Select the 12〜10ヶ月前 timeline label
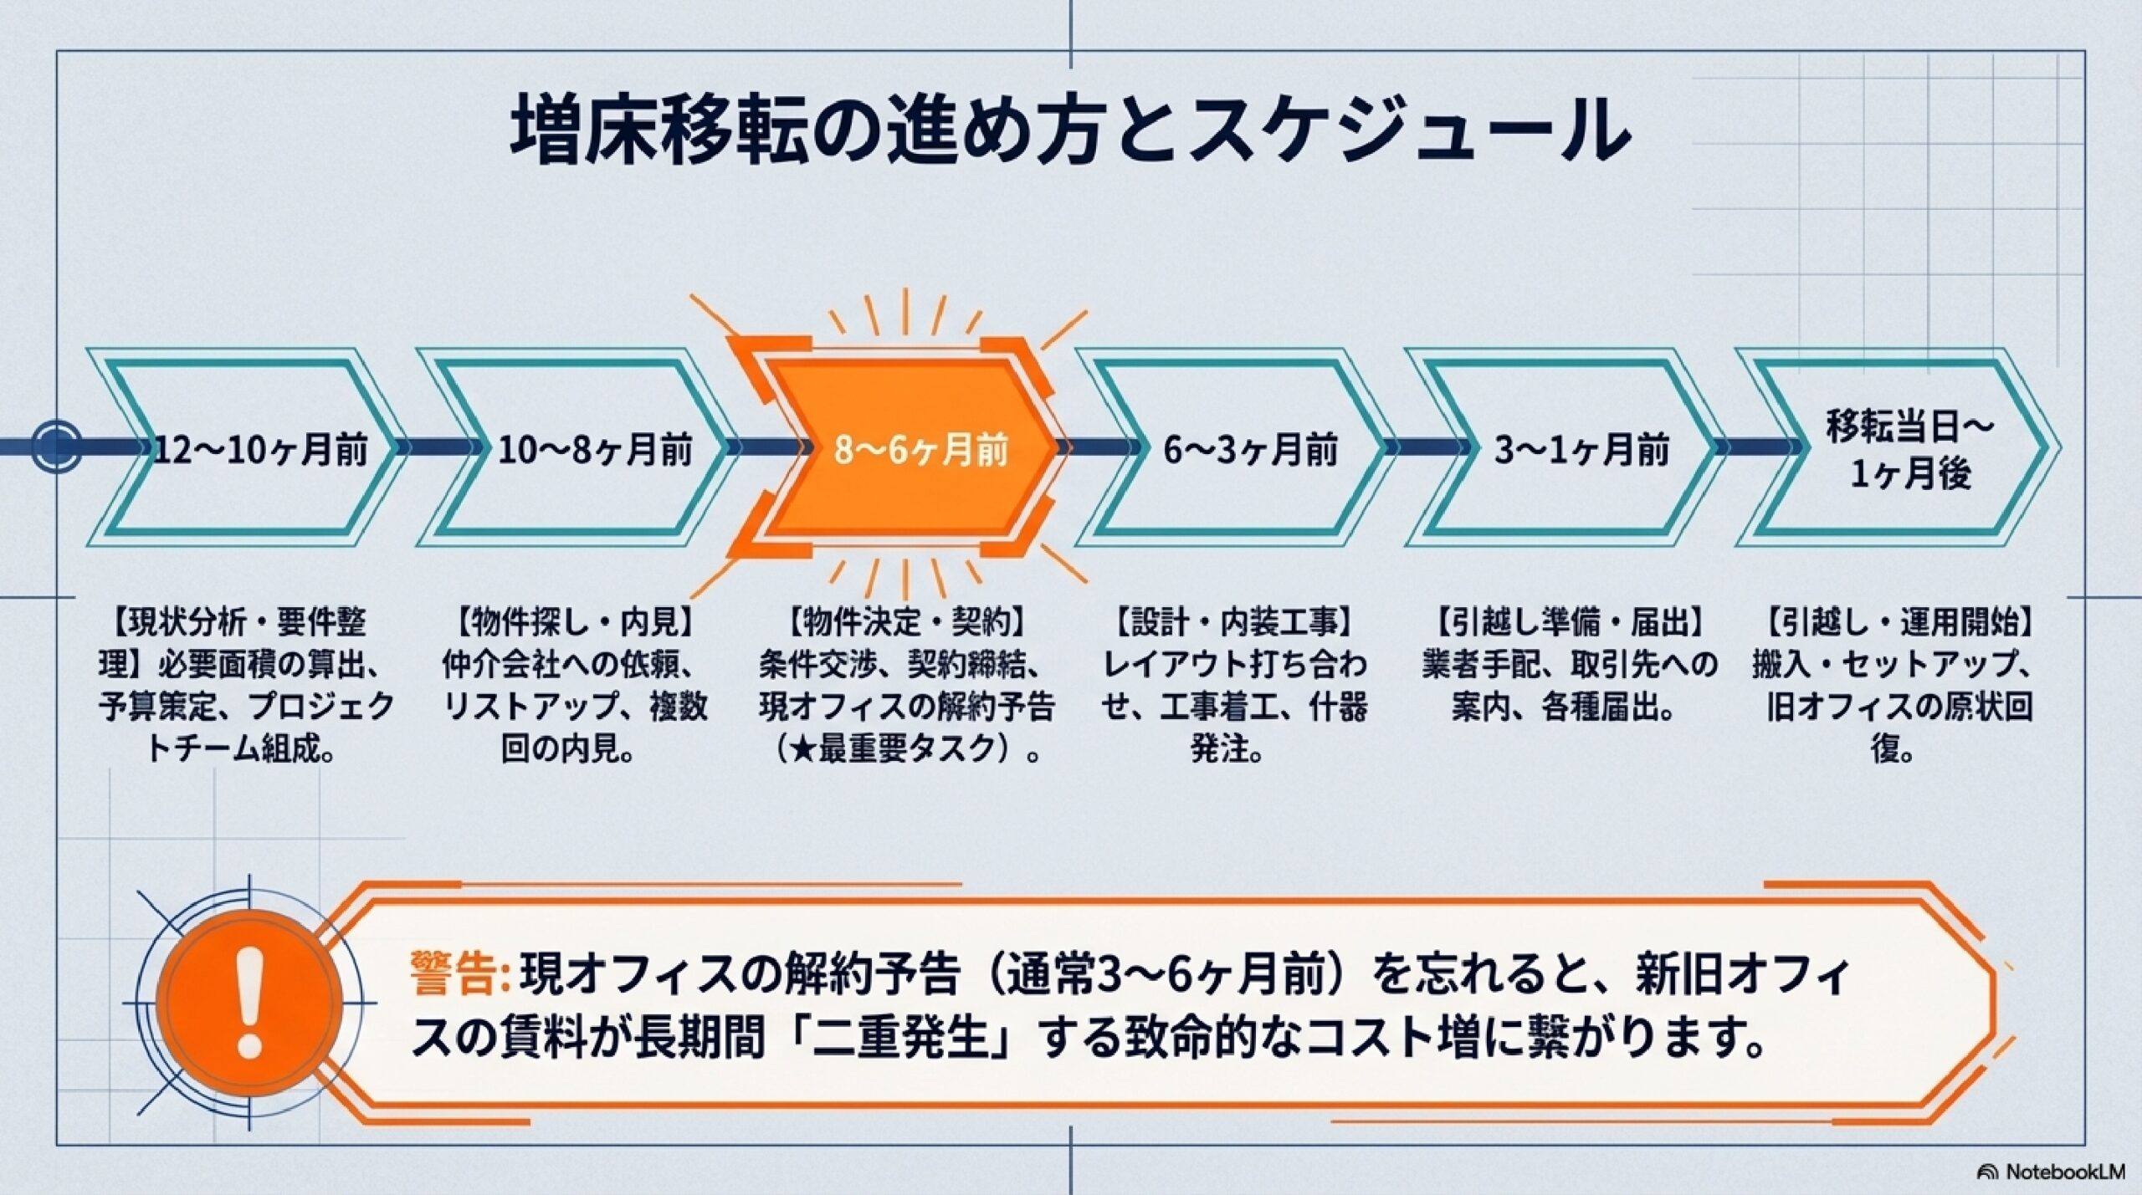261,452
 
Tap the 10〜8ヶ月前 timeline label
596,452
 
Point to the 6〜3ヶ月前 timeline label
1251,452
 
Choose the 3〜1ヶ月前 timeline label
1582,452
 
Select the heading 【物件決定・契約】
906,623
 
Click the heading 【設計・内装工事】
1234,623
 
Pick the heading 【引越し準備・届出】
1570,623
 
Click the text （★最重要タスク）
895,750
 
